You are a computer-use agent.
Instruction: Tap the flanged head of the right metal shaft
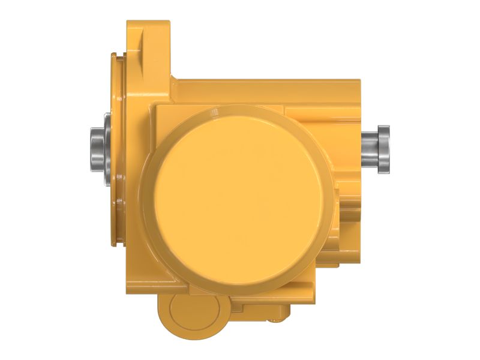coord(383,146)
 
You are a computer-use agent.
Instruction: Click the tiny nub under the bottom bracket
coord(282,315)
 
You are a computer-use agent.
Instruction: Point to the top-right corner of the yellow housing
coord(359,80)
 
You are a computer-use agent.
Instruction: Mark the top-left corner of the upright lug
coord(128,22)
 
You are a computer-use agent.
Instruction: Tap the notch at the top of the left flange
coord(113,56)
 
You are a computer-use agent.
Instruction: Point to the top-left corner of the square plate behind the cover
coord(155,105)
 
